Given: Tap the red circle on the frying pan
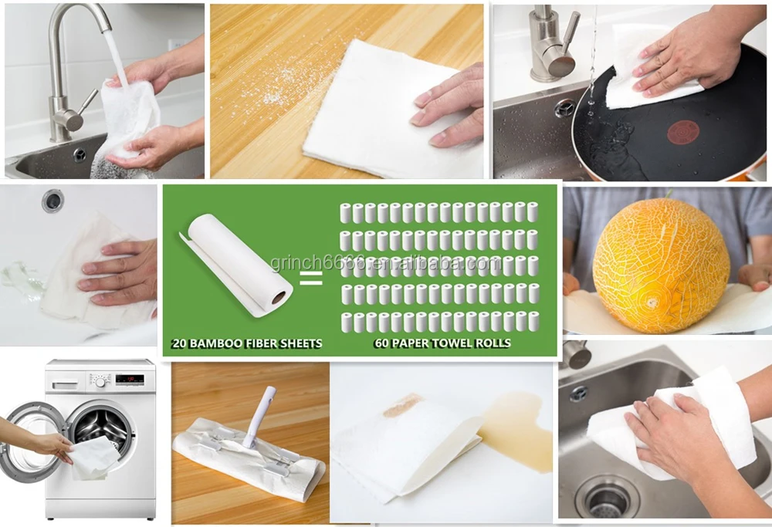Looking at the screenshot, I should [682, 131].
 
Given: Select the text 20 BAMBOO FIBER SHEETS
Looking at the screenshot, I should [248, 343].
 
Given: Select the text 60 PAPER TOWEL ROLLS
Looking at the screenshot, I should [442, 343].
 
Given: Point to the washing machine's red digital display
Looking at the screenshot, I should [130, 379].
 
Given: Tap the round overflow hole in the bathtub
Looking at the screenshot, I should [52, 200].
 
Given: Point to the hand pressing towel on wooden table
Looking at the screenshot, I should [451, 104].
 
